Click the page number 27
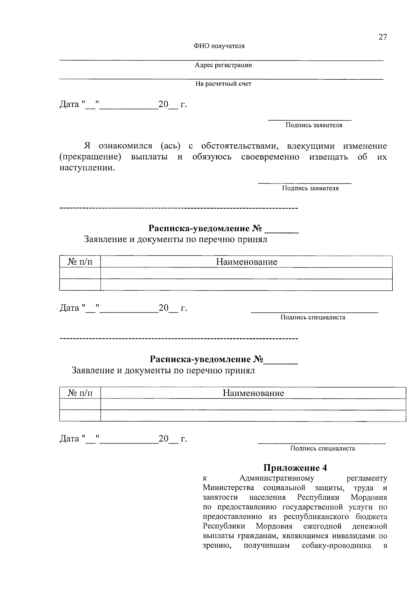pyautogui.click(x=383, y=37)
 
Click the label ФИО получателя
pyautogui.click(x=219, y=46)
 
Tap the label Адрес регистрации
pyautogui.click(x=223, y=65)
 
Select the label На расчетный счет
pyautogui.click(x=223, y=84)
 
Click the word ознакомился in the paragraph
pyautogui.click(x=125, y=146)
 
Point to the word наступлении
pyautogui.click(x=87, y=168)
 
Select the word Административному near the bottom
pyautogui.click(x=276, y=478)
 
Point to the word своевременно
pyautogui.click(x=270, y=157)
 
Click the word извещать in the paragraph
pyautogui.click(x=329, y=157)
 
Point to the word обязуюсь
pyautogui.click(x=212, y=157)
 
